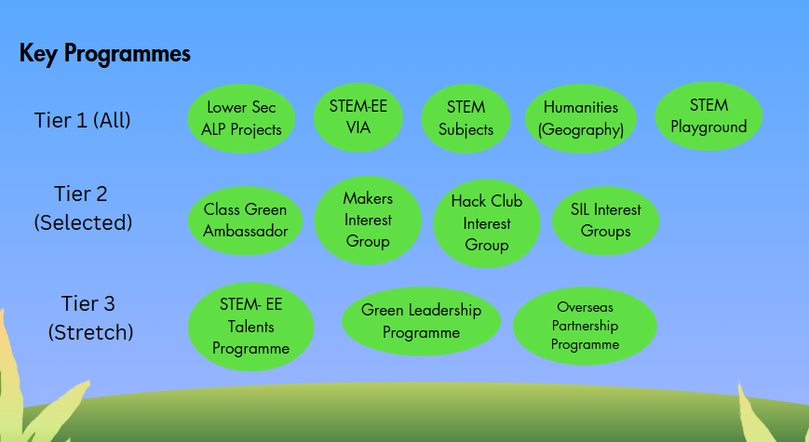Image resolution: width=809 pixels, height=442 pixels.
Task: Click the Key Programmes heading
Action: tap(105, 54)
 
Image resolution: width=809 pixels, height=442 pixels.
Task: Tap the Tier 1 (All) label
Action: tap(83, 120)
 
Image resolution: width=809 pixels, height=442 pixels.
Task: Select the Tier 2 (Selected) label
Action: tap(83, 208)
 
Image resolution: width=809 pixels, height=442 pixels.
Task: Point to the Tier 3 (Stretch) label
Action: tap(89, 317)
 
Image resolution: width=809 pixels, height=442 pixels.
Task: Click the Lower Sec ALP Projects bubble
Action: tap(241, 118)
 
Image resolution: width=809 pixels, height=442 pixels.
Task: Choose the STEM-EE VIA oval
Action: tap(358, 117)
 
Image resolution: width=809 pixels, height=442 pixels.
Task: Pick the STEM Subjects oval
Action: tap(465, 118)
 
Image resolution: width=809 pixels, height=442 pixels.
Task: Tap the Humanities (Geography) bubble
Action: tap(580, 118)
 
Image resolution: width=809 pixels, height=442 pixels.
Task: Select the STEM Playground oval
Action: tap(708, 116)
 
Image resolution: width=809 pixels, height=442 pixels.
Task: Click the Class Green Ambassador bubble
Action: tap(245, 221)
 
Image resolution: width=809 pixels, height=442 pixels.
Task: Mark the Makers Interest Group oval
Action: tap(368, 221)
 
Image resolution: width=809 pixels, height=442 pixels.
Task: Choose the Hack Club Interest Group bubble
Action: tap(487, 223)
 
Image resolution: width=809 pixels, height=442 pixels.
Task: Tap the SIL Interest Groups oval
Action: tap(606, 221)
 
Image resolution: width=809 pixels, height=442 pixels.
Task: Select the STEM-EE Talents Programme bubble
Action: tap(250, 327)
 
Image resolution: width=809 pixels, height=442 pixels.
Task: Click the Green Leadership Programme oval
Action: tap(421, 321)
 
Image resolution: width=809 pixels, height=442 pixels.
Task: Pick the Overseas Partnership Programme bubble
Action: tap(585, 326)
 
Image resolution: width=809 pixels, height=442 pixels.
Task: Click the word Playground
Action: tap(708, 127)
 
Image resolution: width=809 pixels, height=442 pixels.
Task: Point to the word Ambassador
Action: tap(245, 231)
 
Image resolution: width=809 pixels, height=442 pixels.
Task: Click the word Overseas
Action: tap(585, 307)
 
